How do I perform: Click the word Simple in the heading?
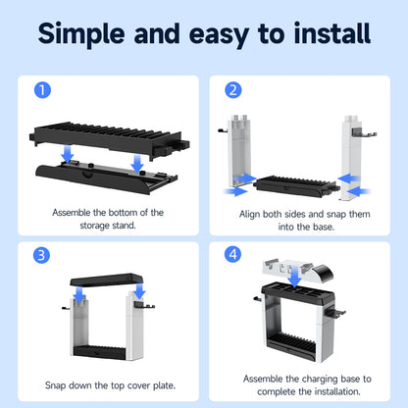point(81,34)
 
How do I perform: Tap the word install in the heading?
point(332,32)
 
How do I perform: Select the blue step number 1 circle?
point(42,89)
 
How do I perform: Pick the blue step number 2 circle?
point(233,90)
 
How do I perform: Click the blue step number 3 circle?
point(41,255)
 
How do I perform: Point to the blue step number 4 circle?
point(232,254)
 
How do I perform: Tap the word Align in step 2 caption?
point(250,215)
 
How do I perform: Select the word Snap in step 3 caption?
point(55,385)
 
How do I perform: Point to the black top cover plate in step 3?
point(107,280)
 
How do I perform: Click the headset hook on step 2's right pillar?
point(364,132)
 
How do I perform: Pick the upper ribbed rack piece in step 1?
point(110,139)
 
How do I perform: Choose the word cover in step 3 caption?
point(138,385)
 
